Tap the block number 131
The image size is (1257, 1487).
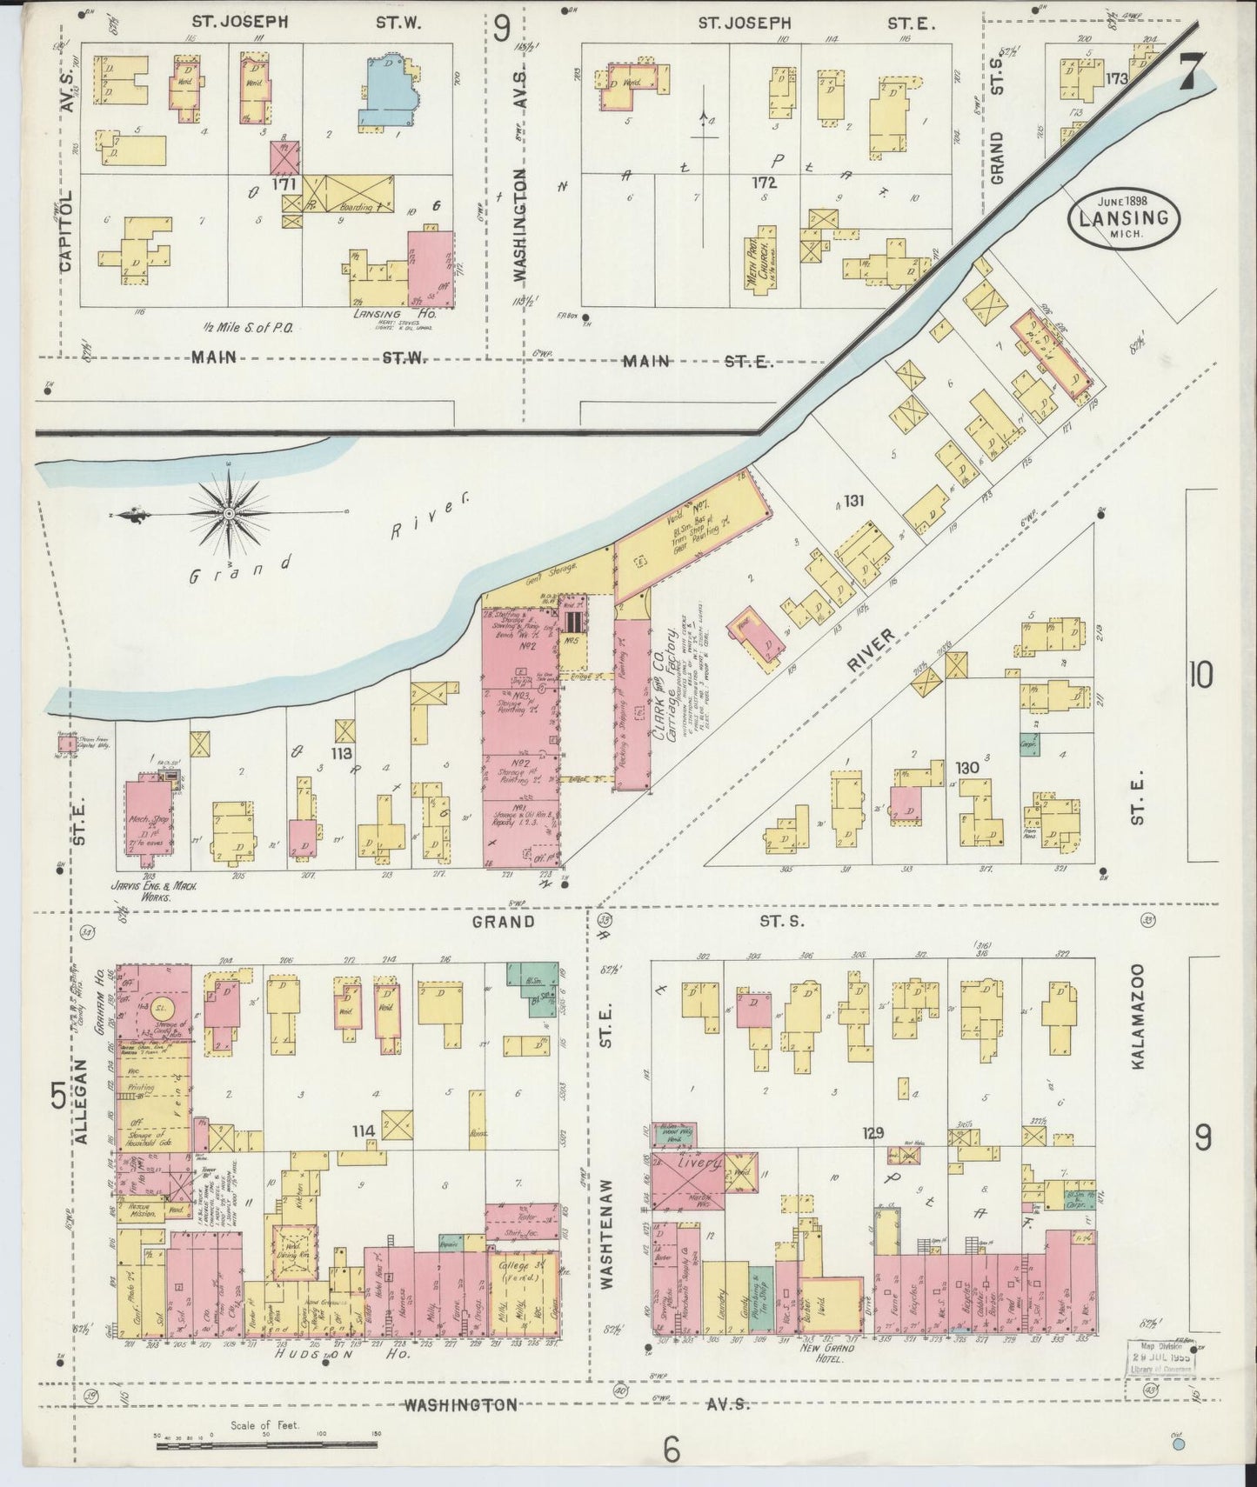pos(853,501)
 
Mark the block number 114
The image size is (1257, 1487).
pos(364,1130)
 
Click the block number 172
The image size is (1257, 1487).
pos(764,183)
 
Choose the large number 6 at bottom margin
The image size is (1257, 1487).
pos(671,1450)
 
